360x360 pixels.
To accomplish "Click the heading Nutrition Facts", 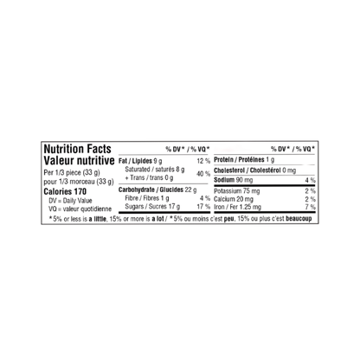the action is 77,149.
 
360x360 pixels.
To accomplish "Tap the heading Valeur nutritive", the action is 79,161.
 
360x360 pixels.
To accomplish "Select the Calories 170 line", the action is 65,191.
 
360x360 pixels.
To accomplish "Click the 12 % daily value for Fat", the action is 203,161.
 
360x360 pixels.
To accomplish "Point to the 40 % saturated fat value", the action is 203,174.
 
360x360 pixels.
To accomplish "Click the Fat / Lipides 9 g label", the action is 140,161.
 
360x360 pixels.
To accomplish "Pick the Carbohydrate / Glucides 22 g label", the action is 157,190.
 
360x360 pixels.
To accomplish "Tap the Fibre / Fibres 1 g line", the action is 147,198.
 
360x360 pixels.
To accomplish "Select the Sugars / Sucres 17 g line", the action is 152,207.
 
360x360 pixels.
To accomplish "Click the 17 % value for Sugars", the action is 203,207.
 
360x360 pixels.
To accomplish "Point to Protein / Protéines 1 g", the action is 244,160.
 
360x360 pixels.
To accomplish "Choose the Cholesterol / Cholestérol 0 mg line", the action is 255,170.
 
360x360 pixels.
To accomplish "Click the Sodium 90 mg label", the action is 234,180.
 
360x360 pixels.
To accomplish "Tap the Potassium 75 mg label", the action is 237,191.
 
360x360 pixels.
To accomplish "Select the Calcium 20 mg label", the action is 234,199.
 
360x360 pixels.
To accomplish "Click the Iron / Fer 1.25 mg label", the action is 237,207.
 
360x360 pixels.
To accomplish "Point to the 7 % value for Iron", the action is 311,207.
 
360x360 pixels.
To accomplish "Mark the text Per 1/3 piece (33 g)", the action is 72,172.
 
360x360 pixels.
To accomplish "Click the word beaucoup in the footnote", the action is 299,219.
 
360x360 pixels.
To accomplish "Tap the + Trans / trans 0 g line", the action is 149,177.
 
